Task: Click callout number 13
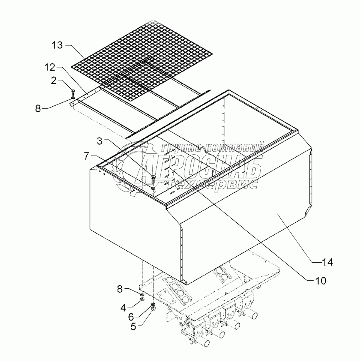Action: coord(57,45)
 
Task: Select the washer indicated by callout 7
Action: coord(154,188)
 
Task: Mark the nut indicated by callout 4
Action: coord(143,300)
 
